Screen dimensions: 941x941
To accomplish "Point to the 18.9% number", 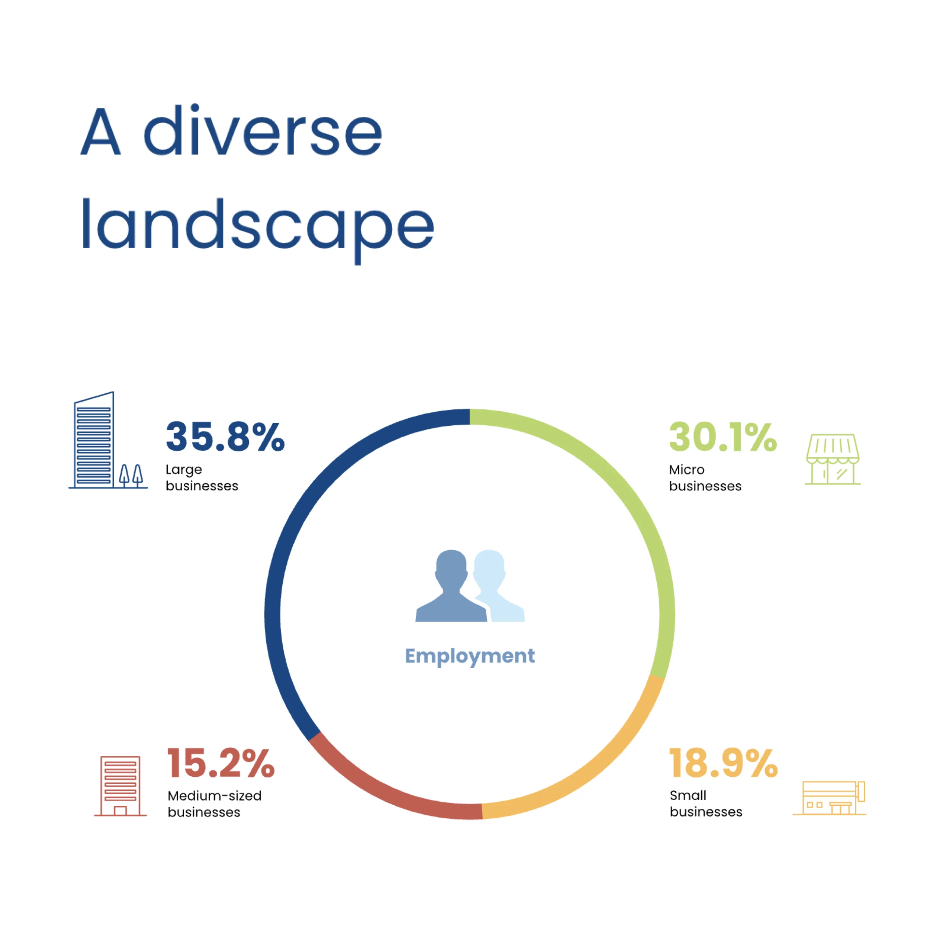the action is pos(724,763).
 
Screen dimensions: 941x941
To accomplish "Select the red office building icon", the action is pos(120,786).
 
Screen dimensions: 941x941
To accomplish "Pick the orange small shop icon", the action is pos(830,798).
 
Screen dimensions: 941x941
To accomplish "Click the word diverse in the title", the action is pos(263,130).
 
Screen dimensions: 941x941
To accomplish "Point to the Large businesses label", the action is pos(202,478).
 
